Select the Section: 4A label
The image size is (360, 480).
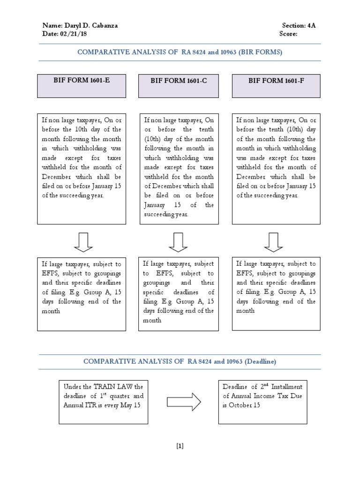pyautogui.click(x=299, y=26)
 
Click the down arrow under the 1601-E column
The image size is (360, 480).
pyautogui.click(x=83, y=242)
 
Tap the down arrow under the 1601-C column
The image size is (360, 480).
pyautogui.click(x=178, y=242)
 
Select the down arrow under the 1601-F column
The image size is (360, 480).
pyautogui.click(x=273, y=242)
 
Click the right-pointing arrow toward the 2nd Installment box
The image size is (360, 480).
pyautogui.click(x=184, y=402)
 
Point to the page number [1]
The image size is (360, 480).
pyautogui.click(x=180, y=446)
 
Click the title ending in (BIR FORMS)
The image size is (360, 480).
pyautogui.click(x=180, y=52)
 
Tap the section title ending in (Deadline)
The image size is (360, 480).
pyautogui.click(x=180, y=361)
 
